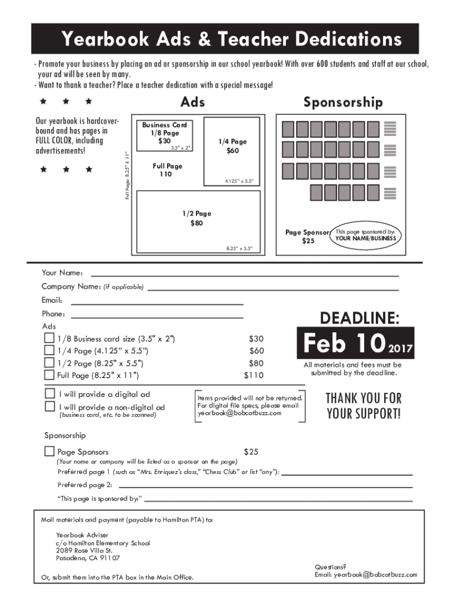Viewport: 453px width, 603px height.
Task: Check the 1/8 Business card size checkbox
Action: (x=49, y=339)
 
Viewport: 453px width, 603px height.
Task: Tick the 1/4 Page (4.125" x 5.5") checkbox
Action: (x=49, y=351)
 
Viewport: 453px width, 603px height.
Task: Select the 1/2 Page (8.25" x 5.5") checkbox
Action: (x=49, y=363)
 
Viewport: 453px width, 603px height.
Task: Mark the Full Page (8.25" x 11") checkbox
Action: (x=49, y=375)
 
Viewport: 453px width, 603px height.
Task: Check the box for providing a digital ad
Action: (x=50, y=393)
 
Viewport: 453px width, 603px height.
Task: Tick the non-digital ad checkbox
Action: (x=50, y=407)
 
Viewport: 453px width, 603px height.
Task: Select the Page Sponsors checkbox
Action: (x=49, y=452)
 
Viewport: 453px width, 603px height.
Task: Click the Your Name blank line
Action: (x=244, y=275)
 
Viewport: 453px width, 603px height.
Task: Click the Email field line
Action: (x=157, y=304)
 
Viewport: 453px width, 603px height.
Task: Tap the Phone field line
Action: (x=157, y=317)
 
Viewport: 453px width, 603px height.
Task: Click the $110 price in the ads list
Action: (x=254, y=375)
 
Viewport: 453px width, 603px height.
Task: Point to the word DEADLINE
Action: (x=359, y=319)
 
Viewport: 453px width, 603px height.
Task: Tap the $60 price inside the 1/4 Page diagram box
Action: (x=232, y=151)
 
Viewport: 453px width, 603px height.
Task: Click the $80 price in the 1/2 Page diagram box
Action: (x=196, y=224)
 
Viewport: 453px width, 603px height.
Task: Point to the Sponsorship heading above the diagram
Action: (x=343, y=102)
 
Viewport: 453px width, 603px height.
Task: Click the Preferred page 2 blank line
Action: (x=265, y=487)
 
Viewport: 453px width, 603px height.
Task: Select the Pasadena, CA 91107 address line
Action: (x=88, y=558)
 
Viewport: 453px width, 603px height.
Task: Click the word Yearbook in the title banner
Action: (x=109, y=39)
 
